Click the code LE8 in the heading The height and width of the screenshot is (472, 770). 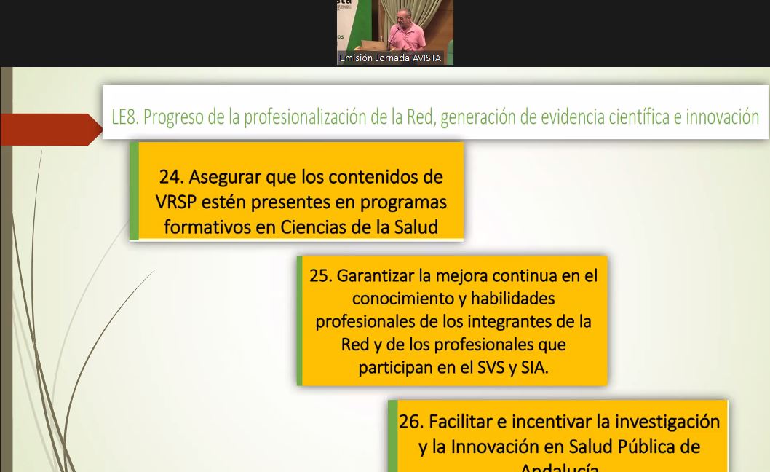pyautogui.click(x=124, y=117)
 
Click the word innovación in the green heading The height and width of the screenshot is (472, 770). pyautogui.click(x=722, y=117)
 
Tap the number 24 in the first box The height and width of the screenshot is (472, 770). pyautogui.click(x=171, y=177)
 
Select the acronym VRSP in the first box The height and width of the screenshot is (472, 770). pyautogui.click(x=177, y=202)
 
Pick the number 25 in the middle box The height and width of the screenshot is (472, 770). pyautogui.click(x=320, y=275)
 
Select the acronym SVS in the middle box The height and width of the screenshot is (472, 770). pyautogui.click(x=491, y=367)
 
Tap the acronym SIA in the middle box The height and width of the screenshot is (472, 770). pyautogui.click(x=533, y=367)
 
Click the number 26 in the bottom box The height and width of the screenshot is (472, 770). pyautogui.click(x=410, y=422)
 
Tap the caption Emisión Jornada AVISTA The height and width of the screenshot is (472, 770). pyautogui.click(x=390, y=58)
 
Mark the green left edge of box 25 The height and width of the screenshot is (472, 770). pyautogui.click(x=299, y=320)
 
